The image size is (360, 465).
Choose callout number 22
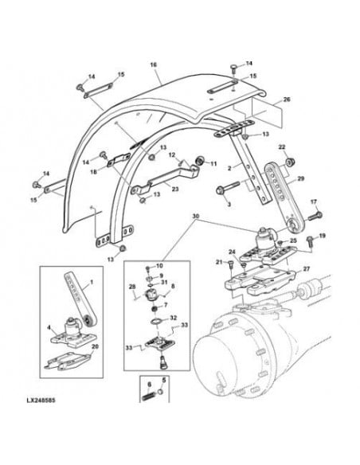click(282, 148)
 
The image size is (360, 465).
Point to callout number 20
click(96, 346)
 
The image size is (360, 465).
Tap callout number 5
click(163, 381)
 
